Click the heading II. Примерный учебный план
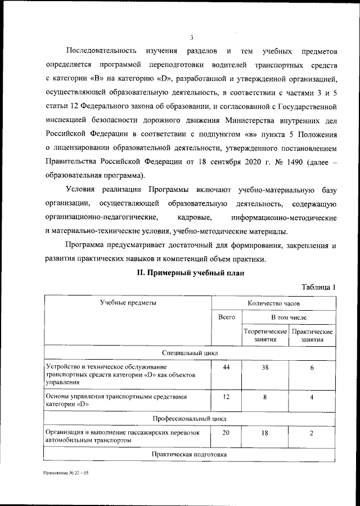click(191, 272)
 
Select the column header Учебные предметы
click(128, 303)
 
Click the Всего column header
click(227, 317)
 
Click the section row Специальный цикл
click(191, 352)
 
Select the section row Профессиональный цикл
click(191, 419)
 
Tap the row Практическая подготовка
click(191, 454)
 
